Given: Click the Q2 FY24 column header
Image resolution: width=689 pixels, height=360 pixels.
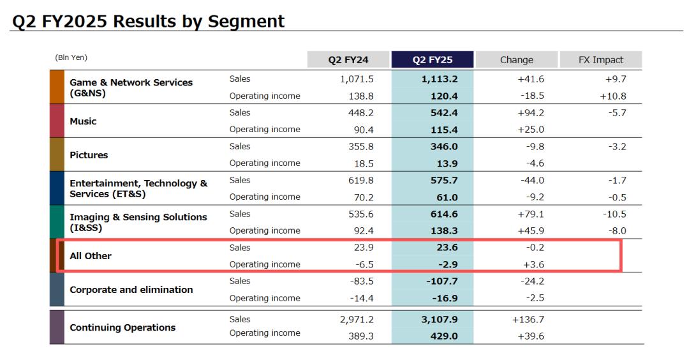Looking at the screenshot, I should point(348,60).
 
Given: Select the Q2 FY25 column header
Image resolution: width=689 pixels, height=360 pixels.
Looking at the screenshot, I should point(433,60).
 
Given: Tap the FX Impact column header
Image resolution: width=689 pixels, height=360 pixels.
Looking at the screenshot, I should point(601,60).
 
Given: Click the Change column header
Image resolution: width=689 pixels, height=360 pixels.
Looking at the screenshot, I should point(517,60).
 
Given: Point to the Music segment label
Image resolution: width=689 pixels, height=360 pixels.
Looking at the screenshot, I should point(83,121).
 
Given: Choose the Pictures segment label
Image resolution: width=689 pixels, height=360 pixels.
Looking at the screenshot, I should point(89,155).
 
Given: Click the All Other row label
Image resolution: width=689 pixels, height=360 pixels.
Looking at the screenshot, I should point(91,256).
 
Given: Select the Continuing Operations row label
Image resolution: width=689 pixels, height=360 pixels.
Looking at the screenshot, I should point(122,327).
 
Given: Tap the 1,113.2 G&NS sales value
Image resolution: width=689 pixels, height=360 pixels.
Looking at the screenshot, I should point(440,79).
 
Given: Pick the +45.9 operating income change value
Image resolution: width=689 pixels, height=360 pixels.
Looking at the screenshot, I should point(531,230).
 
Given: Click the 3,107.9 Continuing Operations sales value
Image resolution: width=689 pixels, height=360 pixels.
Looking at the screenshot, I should point(440,319).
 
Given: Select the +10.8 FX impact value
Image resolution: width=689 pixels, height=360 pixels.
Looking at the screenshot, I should point(613,96).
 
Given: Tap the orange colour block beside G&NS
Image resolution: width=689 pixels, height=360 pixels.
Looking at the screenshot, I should point(57,87).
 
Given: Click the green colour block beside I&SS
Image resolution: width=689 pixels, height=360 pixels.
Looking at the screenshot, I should point(57,222).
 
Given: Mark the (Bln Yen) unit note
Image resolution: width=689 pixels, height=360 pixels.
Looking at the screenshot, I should point(71,58).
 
